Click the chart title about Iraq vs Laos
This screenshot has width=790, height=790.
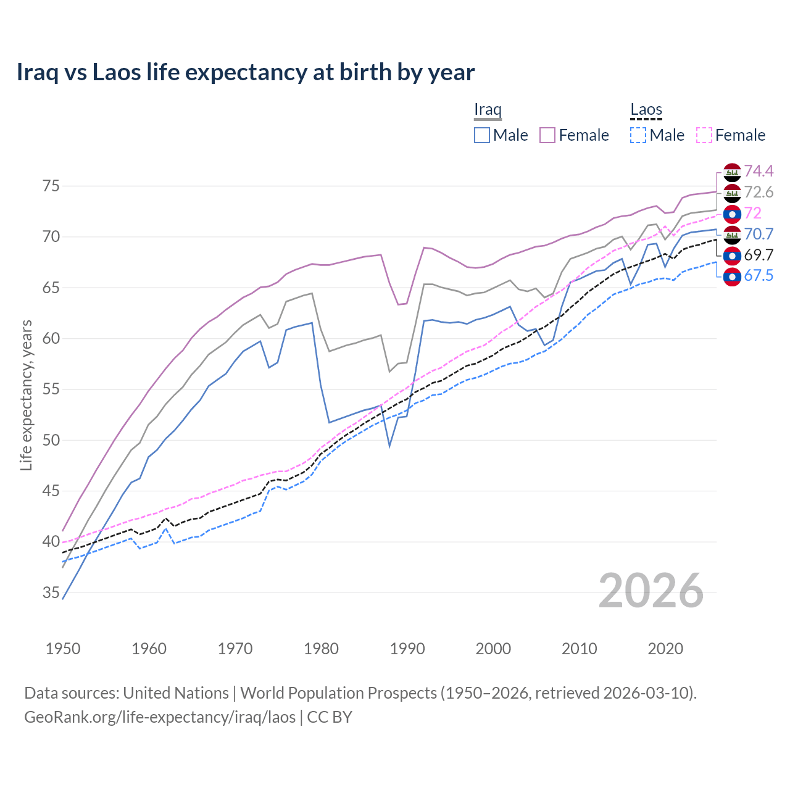(246, 72)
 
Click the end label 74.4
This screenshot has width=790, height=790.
(759, 171)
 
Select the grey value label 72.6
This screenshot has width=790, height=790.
(759, 192)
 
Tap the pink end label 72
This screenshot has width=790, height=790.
(753, 213)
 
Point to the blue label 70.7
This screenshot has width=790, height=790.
(759, 234)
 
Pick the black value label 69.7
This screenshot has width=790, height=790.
(759, 255)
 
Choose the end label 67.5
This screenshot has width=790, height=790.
(759, 276)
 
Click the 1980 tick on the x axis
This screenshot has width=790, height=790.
(322, 649)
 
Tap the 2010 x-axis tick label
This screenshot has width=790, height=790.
(579, 649)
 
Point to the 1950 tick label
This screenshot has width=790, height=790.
(64, 649)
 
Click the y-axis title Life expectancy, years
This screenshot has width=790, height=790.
(26, 395)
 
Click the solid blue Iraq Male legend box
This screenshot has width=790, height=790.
(482, 135)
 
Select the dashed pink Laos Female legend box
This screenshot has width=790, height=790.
(704, 135)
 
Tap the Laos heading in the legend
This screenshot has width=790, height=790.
(646, 110)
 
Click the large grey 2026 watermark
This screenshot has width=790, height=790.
(651, 591)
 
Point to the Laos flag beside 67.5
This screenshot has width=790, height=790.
(732, 276)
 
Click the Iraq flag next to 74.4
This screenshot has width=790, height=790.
(732, 172)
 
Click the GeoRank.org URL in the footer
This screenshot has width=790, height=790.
(160, 717)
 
